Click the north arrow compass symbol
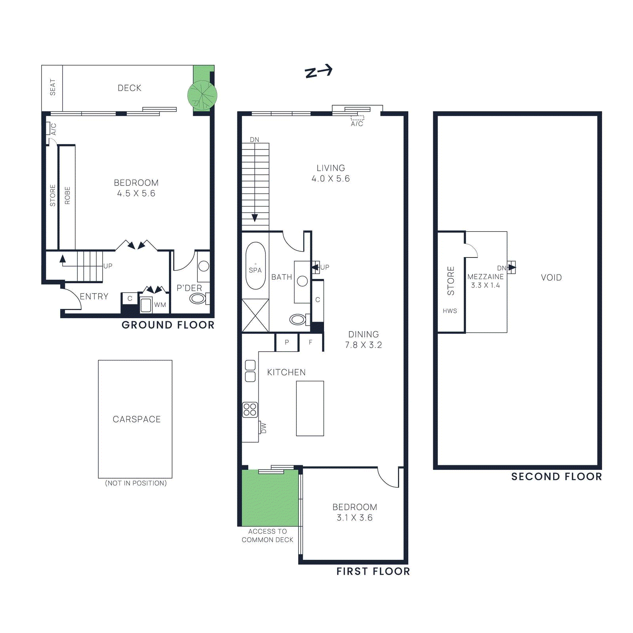point(318,72)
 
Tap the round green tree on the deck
point(202,95)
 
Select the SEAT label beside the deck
point(53,87)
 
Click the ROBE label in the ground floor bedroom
point(67,195)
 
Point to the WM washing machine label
point(160,305)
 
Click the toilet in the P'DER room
point(197,298)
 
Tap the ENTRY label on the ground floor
point(94,296)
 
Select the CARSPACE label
point(136,419)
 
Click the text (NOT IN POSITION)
point(136,483)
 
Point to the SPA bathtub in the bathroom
point(255,266)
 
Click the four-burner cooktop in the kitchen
point(250,409)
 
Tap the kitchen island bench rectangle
point(310,408)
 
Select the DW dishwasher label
point(264,428)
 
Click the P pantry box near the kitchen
point(287,342)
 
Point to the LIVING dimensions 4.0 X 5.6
point(330,179)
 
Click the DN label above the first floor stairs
point(254,140)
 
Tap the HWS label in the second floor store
point(450,311)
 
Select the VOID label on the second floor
point(551,277)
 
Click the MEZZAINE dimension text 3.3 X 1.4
point(485,285)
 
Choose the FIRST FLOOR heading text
point(373,571)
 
